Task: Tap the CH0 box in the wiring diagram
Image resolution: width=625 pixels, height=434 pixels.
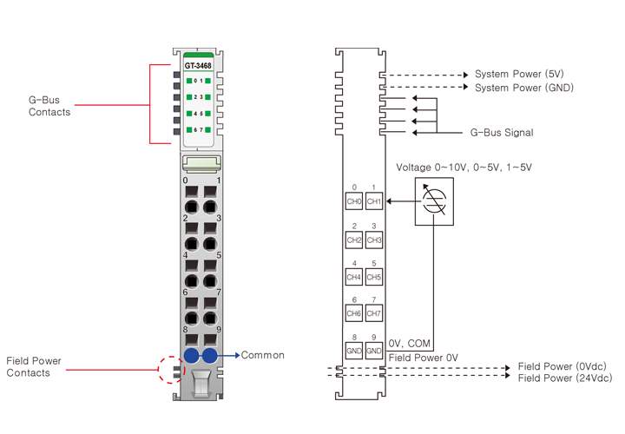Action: pos(354,201)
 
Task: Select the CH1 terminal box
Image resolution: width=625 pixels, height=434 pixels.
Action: pos(374,201)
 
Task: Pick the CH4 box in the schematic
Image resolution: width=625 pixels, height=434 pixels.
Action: pos(354,277)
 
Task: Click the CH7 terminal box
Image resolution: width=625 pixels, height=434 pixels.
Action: pos(374,313)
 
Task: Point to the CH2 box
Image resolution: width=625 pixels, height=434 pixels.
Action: pos(354,240)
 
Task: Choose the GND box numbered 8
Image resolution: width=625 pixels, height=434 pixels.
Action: pos(354,352)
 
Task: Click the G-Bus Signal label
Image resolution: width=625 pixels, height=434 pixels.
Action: pos(502,133)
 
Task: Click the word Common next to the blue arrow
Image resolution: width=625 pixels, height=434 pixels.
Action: pos(263,355)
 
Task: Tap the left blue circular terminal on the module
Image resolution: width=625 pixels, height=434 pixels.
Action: pos(190,356)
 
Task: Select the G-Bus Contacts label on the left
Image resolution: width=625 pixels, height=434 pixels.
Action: pos(49,106)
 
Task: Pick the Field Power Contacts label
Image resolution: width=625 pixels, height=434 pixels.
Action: pos(33,366)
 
